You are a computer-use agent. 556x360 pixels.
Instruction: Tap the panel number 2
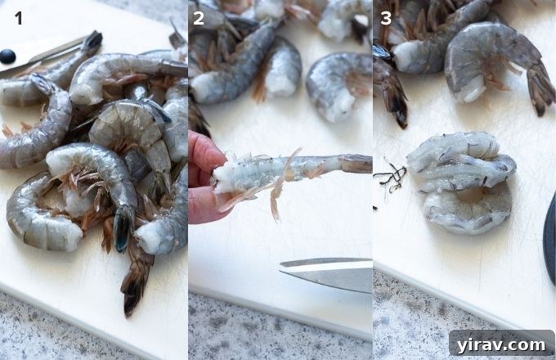[199, 17]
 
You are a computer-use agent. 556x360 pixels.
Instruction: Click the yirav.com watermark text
[501, 344]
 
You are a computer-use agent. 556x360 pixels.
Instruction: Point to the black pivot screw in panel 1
[7, 56]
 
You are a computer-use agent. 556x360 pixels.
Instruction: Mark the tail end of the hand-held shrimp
[356, 164]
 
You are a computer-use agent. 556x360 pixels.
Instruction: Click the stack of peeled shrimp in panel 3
[462, 180]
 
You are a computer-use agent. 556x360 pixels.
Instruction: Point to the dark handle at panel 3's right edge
[549, 237]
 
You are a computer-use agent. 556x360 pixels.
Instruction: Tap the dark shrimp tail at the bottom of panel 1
[134, 282]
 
